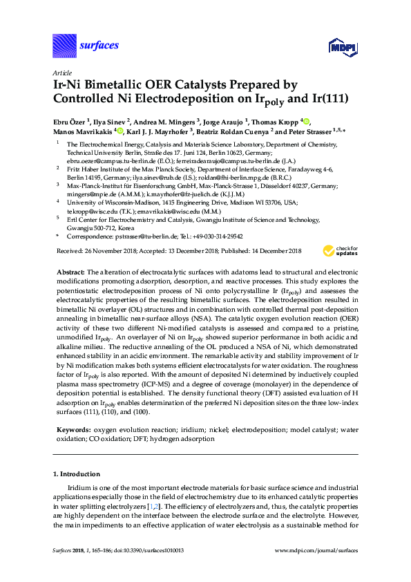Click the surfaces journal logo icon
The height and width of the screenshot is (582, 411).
(64, 46)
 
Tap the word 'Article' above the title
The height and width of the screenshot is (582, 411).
(61, 72)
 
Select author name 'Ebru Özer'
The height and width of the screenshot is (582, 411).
(72, 122)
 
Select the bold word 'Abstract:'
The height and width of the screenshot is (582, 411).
(70, 272)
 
